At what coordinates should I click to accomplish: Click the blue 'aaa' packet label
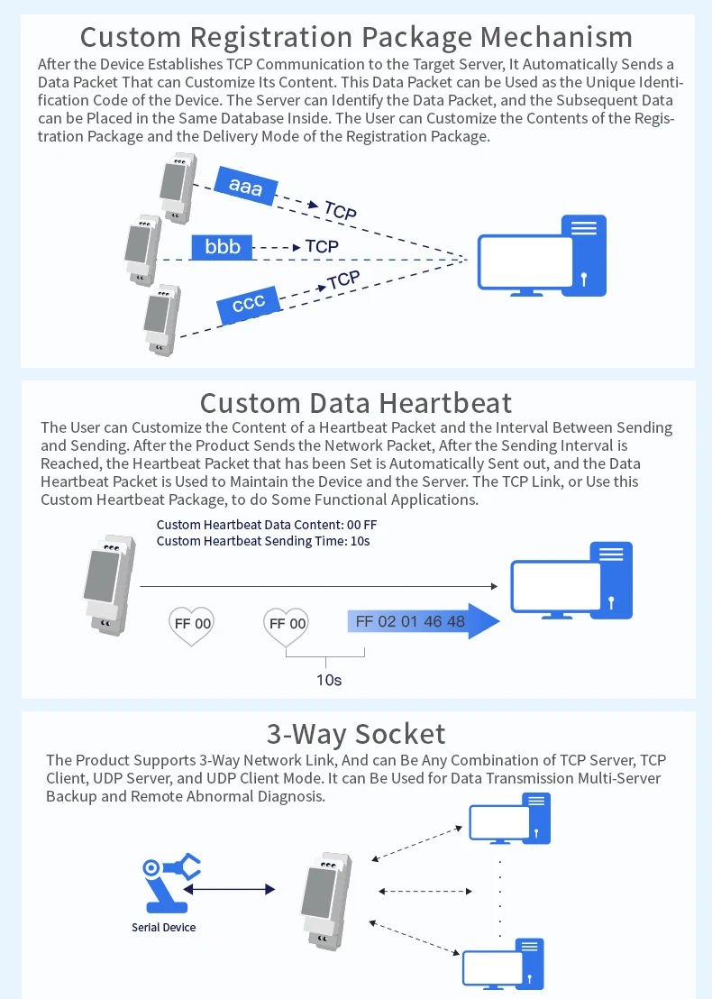tap(245, 186)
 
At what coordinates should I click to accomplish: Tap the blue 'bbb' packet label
tap(222, 246)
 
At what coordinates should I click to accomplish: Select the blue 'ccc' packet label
tap(249, 305)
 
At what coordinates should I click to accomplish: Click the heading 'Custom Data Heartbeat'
tap(356, 402)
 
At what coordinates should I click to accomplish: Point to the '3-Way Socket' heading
tap(356, 733)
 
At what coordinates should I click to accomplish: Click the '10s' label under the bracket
tap(329, 679)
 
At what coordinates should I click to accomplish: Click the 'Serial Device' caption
tap(163, 927)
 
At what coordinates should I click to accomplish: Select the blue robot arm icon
tap(169, 879)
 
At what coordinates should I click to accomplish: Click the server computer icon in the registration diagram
tap(543, 256)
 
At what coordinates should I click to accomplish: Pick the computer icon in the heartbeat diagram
tap(572, 580)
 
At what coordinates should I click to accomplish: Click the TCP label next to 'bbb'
tap(322, 246)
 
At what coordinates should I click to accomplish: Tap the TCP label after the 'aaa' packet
tap(341, 211)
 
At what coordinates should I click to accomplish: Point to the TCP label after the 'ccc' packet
tap(343, 280)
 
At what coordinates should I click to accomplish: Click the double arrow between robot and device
tap(231, 889)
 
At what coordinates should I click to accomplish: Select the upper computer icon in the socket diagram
tap(509, 820)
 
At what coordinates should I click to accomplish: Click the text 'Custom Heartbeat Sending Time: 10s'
tap(263, 541)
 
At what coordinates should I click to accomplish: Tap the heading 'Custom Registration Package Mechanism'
tap(356, 37)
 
